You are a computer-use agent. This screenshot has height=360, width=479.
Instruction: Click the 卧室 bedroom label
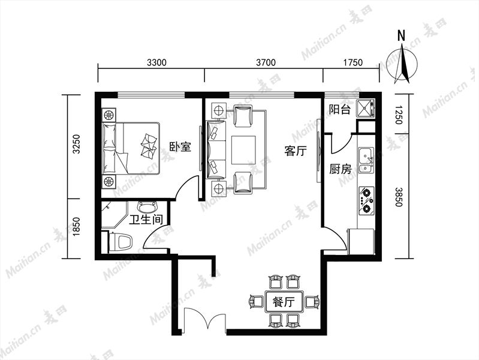[180, 146]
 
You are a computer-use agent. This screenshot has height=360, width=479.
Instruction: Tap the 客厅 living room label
[295, 151]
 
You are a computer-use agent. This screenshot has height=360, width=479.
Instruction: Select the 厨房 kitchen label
[341, 169]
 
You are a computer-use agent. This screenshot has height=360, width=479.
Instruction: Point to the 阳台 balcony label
[339, 109]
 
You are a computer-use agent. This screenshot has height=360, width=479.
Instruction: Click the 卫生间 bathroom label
[146, 220]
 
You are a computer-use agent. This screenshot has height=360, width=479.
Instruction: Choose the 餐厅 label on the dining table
[284, 302]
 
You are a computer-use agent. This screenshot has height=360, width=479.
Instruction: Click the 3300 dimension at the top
[156, 63]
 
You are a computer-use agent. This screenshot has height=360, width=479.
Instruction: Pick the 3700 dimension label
[266, 63]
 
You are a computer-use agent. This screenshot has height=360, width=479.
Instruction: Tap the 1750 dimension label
[353, 63]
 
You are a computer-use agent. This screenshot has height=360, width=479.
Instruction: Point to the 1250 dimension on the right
[399, 115]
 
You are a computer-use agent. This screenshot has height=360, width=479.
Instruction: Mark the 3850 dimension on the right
[399, 197]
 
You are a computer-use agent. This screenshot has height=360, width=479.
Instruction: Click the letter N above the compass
[402, 36]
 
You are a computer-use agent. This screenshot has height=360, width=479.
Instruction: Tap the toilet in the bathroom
[120, 242]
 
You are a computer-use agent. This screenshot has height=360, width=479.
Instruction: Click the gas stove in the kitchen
[366, 200]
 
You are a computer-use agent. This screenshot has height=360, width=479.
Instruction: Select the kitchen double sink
[366, 160]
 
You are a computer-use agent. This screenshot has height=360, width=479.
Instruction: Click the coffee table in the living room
[243, 150]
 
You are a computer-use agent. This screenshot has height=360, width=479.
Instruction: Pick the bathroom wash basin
[147, 207]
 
